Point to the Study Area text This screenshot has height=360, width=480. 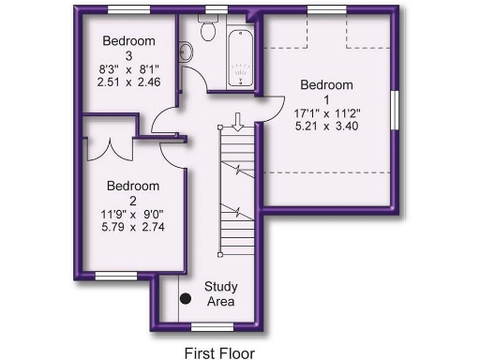[x=220, y=294]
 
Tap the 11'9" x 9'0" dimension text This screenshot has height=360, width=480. [x=132, y=214]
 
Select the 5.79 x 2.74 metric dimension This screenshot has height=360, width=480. [x=132, y=227]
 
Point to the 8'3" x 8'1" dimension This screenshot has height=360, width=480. [x=129, y=68]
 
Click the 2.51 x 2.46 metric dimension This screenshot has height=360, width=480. [x=129, y=82]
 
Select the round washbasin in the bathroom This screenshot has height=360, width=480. [x=185, y=52]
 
